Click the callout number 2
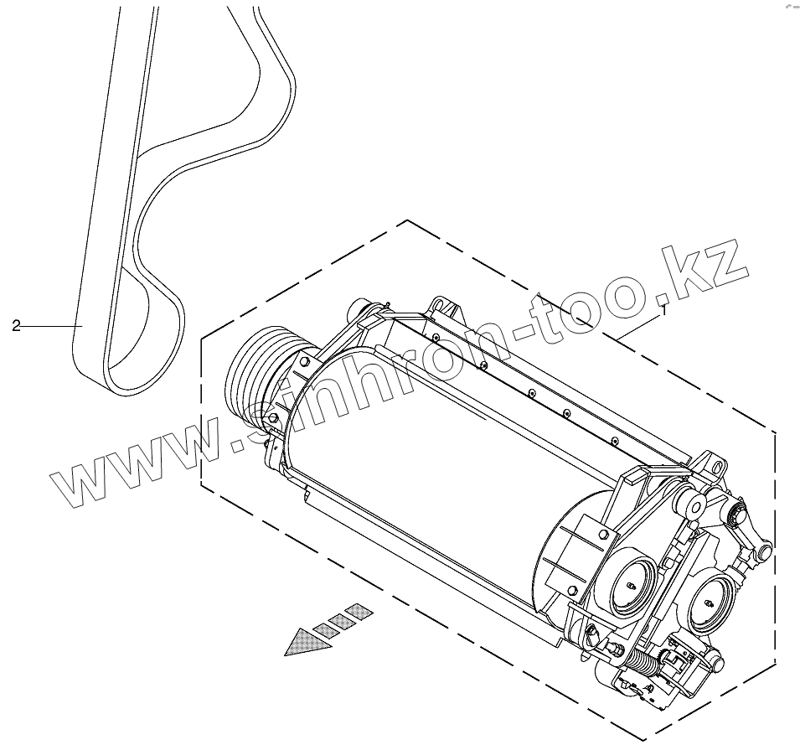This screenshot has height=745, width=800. click(16, 326)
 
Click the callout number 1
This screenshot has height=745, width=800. click(663, 309)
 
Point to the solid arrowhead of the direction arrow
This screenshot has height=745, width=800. click(302, 642)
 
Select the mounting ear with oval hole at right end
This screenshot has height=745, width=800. click(711, 465)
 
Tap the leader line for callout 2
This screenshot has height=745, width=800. click(50, 325)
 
